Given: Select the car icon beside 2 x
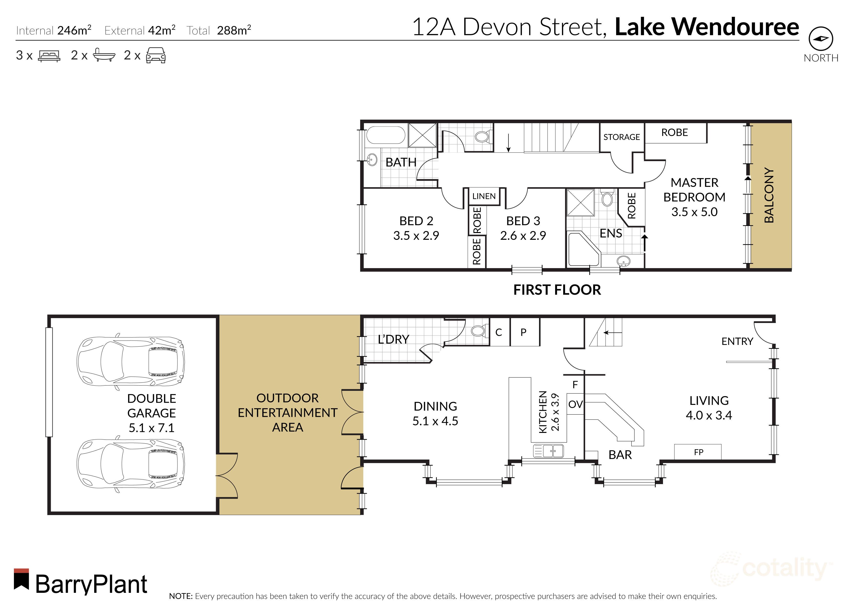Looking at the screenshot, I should [x=155, y=56].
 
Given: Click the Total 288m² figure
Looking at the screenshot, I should [x=234, y=30].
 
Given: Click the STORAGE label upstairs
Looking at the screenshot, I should [x=622, y=137].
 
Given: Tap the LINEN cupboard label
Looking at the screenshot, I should [x=484, y=196].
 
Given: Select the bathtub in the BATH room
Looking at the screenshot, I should [x=386, y=135].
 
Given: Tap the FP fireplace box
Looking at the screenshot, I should [x=698, y=452].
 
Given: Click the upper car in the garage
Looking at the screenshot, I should [x=131, y=362].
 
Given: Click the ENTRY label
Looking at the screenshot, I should [x=737, y=341].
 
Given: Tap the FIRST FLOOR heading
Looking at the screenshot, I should [x=557, y=290].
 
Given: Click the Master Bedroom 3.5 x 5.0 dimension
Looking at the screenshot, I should [x=694, y=212].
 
